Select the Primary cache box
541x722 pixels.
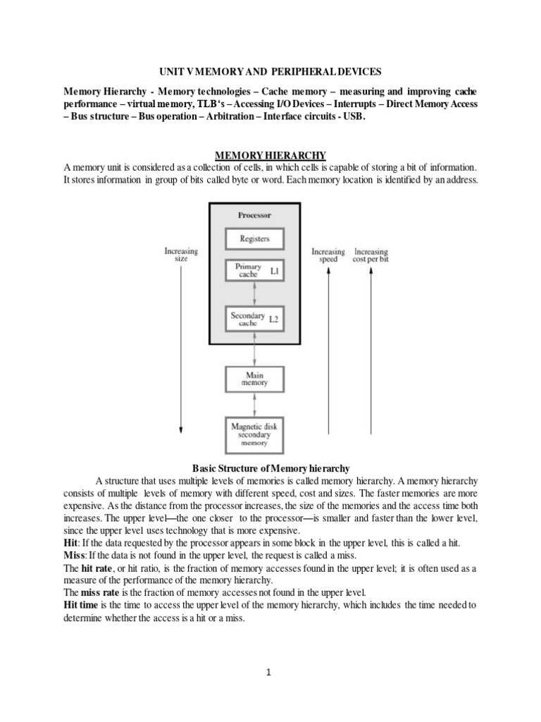click(248, 271)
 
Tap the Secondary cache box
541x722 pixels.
click(248, 319)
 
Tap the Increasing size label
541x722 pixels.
click(181, 255)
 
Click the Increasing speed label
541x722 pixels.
click(328, 255)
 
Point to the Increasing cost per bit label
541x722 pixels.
click(371, 255)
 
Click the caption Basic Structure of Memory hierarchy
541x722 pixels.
click(270, 468)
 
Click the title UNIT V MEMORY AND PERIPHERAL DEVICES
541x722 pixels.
click(270, 72)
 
